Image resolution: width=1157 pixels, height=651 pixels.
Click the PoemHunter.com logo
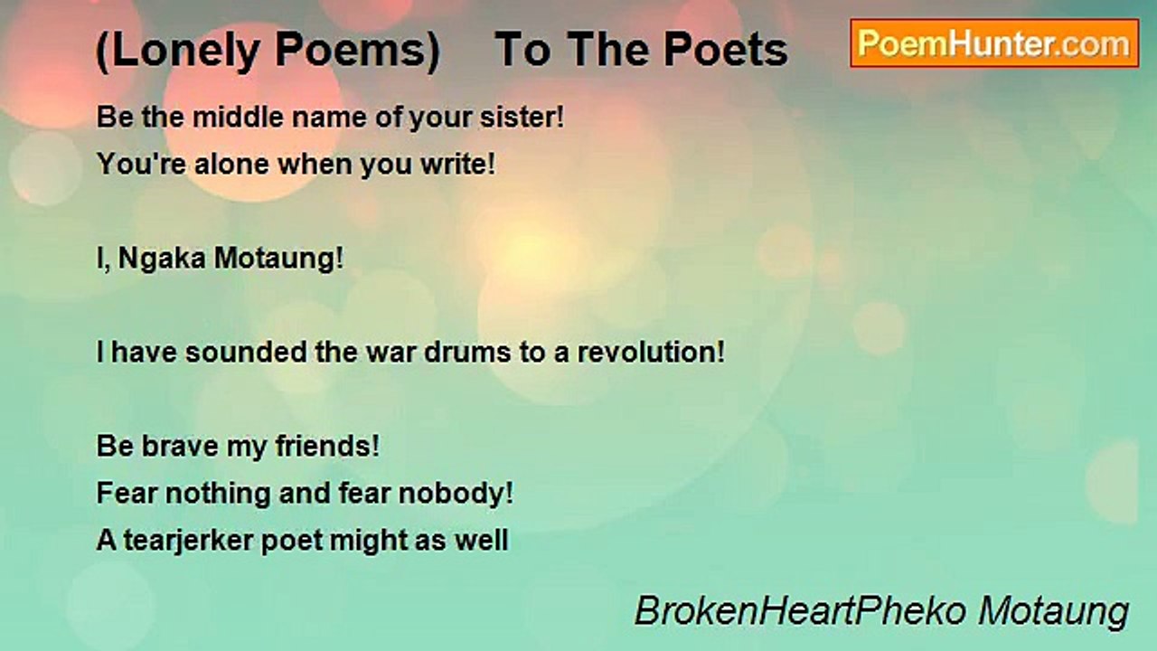994,43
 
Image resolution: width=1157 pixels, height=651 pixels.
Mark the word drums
466,353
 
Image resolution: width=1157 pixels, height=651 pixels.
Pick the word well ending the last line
485,541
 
